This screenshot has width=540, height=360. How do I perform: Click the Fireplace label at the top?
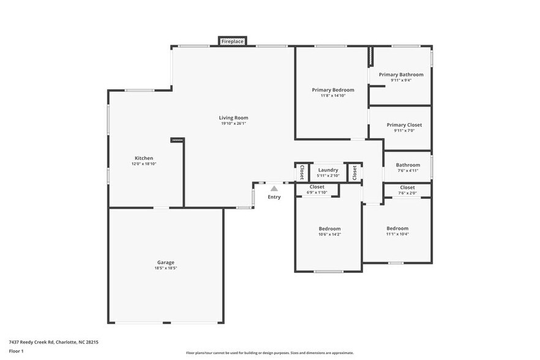coord(233,42)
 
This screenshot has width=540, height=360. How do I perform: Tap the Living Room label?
coord(233,118)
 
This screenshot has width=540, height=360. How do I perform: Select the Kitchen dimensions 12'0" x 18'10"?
coord(144,164)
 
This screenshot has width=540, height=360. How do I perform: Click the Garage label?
coord(165,262)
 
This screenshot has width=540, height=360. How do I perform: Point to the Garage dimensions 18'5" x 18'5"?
coord(165,268)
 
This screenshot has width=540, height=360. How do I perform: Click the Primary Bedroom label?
coord(332,90)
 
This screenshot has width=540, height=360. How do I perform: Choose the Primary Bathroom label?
coord(400,75)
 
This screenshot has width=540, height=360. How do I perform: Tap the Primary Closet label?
coord(404,125)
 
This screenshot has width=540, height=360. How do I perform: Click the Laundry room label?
coord(328,170)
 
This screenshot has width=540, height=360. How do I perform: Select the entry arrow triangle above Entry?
coord(274,189)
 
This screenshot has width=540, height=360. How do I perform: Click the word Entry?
coord(274,197)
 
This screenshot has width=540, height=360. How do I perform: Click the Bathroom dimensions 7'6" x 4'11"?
coord(408,171)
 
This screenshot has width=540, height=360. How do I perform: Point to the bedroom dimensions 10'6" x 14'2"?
coord(329,234)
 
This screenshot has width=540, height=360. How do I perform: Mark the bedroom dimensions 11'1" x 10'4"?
coord(397,234)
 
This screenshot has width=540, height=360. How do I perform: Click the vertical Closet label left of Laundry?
coord(302,173)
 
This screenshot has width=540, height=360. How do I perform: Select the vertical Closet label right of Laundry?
coord(354,173)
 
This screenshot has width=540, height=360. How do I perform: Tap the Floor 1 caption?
coord(16,351)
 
